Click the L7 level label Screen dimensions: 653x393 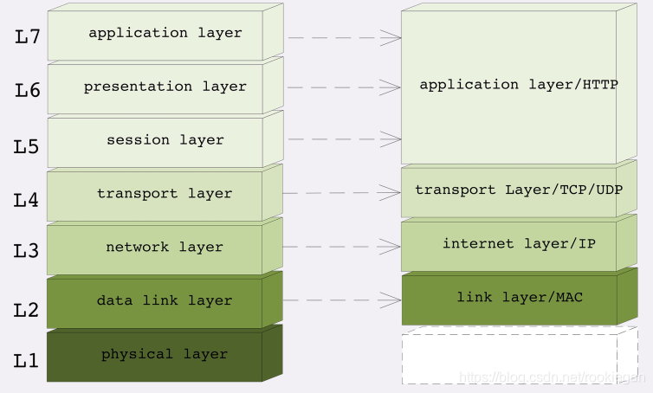coord(28,36)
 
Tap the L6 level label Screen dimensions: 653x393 coord(28,90)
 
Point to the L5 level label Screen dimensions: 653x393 coord(26,146)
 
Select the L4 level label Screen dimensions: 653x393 coord(26,200)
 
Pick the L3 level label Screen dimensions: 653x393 coord(26,251)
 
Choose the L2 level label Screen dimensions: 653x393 coord(26,310)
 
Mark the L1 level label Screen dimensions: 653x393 coord(26,360)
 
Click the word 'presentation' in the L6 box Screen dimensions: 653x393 coord(138,87)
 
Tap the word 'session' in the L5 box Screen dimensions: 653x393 coord(138,140)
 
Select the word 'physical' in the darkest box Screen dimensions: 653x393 coord(137,354)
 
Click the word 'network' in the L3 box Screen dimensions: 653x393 coord(138,247)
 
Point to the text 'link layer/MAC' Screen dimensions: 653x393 coord(520,297)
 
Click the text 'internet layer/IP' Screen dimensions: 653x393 coord(519,243)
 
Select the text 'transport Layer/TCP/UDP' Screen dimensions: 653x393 coord(519,190)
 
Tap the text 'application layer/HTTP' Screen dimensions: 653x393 coord(519,85)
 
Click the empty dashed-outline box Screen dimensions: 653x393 coord(520,355)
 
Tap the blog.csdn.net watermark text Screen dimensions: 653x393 coord(553,377)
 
